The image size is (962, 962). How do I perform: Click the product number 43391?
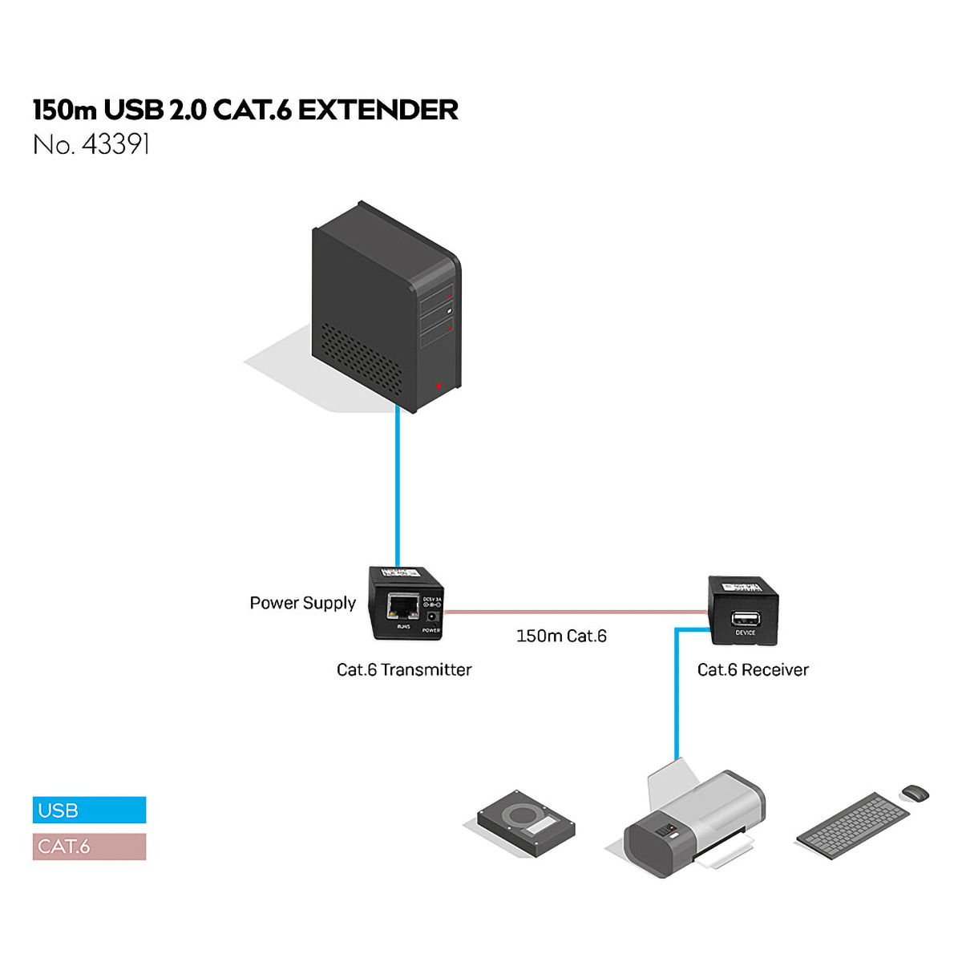116,145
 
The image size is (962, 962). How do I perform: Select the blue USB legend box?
89,810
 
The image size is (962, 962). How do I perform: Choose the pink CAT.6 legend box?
89,847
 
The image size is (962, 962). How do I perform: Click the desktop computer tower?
385,309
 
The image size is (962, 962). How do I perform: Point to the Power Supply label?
302,603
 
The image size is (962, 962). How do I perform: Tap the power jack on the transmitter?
432,617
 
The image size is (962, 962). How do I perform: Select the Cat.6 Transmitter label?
404,669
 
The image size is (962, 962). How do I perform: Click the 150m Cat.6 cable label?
561,636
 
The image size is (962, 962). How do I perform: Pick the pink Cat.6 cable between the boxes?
573,612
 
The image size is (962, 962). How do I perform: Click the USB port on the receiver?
745,618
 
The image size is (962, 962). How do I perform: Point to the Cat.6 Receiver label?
753,669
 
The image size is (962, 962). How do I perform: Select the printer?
693,826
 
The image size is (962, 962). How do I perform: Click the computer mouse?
915,793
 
